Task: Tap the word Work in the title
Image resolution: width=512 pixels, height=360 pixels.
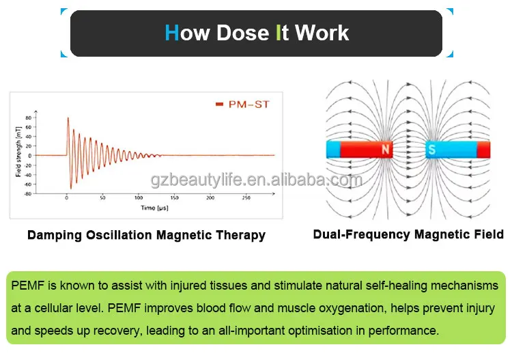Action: (x=322, y=33)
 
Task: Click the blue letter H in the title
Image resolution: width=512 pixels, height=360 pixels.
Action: (x=171, y=33)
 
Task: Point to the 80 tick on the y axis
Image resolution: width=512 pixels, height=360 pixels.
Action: (x=29, y=117)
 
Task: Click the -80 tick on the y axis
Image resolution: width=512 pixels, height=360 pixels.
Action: (x=27, y=193)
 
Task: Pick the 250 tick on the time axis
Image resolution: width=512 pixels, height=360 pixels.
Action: (x=246, y=198)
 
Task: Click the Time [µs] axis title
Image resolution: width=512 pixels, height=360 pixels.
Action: (x=154, y=207)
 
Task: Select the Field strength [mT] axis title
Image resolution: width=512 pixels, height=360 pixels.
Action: (x=18, y=156)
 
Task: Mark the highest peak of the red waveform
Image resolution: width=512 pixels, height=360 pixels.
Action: (x=68, y=117)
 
